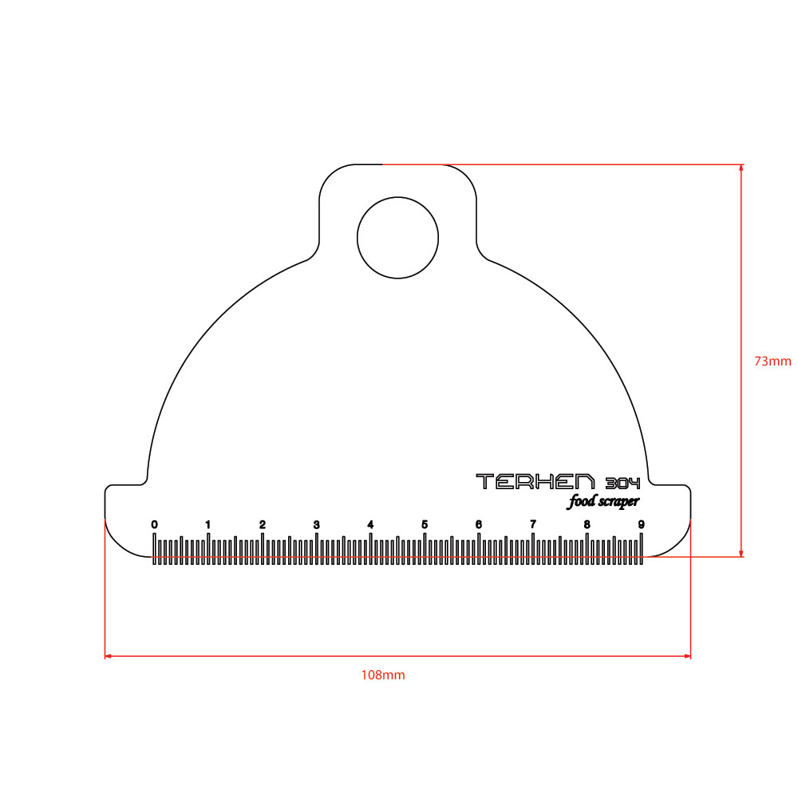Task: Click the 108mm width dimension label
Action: tap(383, 675)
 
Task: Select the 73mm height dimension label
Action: tap(772, 361)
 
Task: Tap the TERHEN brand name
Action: tap(535, 481)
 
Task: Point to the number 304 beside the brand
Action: tap(622, 483)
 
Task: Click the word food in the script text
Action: tap(581, 501)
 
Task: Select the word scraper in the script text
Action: tap(619, 502)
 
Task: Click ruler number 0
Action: tap(154, 524)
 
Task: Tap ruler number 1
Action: tap(207, 524)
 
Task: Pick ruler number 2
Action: tap(262, 524)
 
